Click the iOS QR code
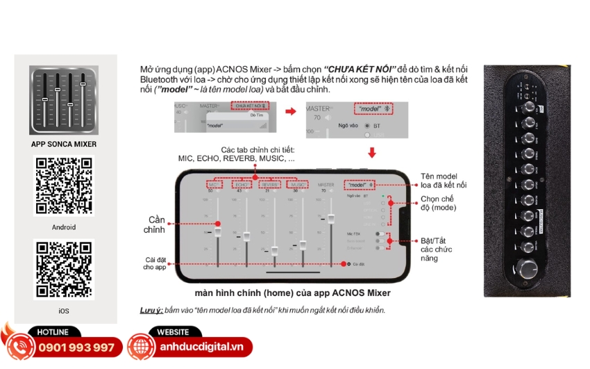(x=64, y=270)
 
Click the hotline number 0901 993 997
(x=76, y=347)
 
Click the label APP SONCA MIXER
(x=64, y=145)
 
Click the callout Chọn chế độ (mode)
(x=438, y=203)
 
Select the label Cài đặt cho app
(x=153, y=263)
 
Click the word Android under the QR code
(x=64, y=227)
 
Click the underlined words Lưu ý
(x=153, y=310)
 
